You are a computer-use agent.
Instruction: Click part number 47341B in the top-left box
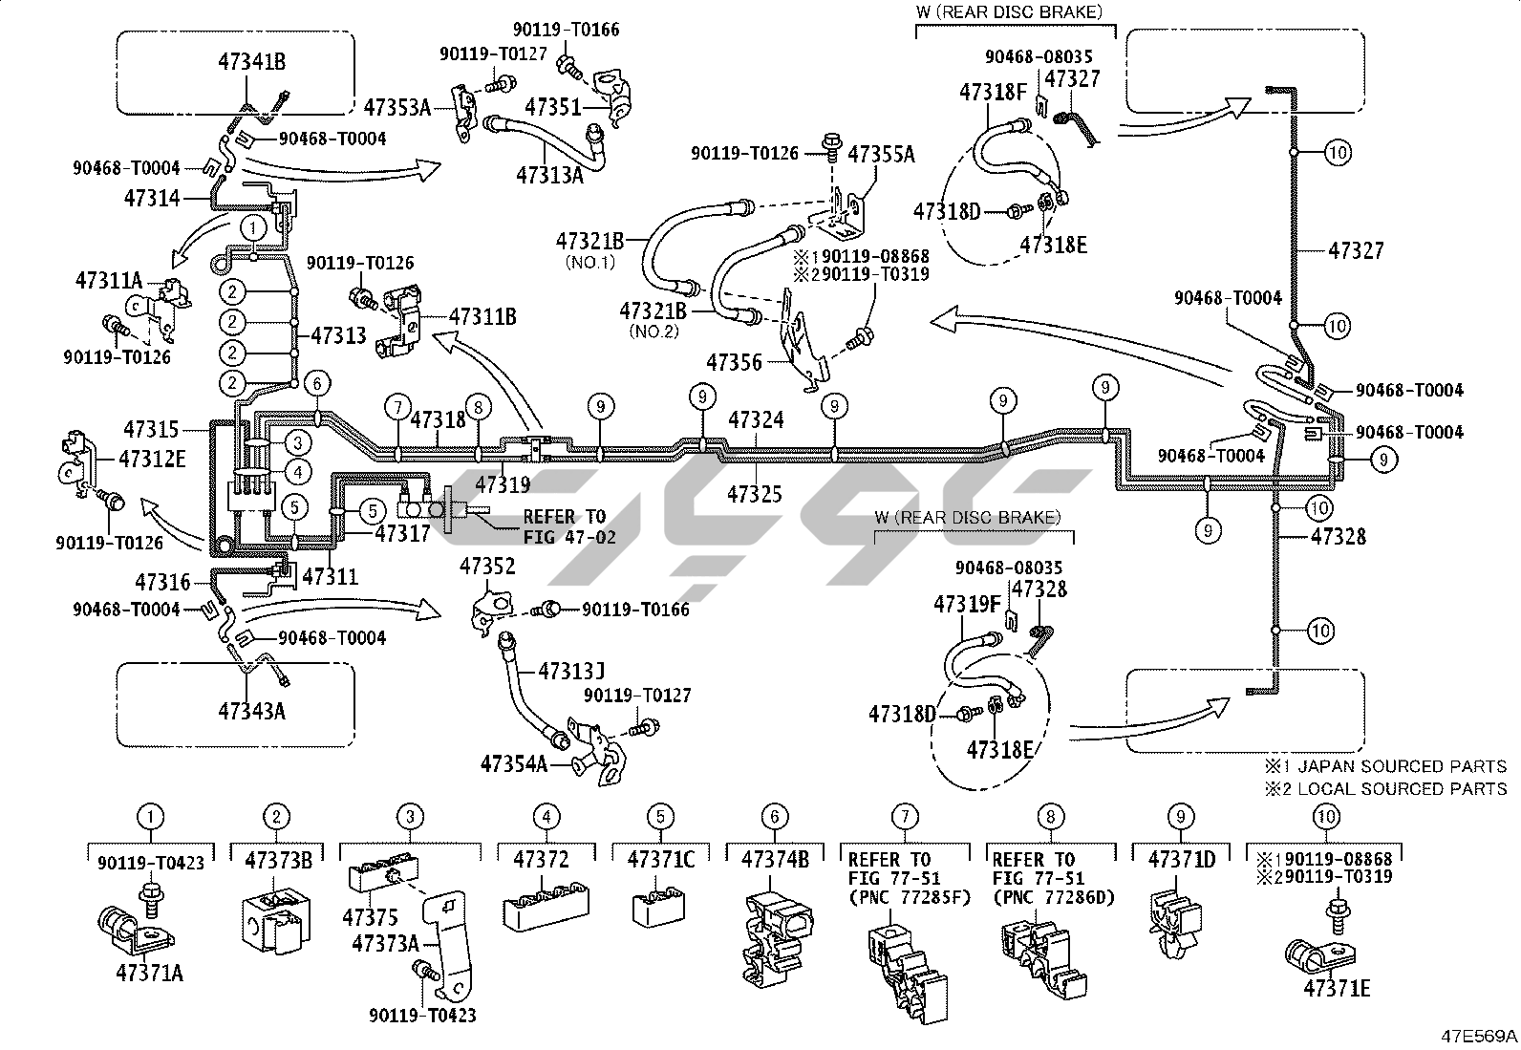tap(252, 63)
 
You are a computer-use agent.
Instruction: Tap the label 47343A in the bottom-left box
tap(252, 711)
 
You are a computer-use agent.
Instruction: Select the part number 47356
tap(735, 362)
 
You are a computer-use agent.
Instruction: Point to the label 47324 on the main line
tap(756, 418)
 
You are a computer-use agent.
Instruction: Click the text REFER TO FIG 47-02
tap(569, 526)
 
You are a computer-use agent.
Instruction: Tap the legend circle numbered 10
tap(1327, 817)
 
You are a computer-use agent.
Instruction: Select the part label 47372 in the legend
tap(541, 859)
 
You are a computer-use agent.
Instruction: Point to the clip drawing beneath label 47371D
tap(1178, 921)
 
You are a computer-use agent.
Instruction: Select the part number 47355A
tap(881, 154)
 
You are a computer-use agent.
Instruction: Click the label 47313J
tap(571, 672)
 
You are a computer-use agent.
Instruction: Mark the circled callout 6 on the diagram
tap(317, 384)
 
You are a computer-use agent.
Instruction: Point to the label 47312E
tap(152, 459)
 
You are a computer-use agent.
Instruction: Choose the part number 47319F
tap(968, 604)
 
